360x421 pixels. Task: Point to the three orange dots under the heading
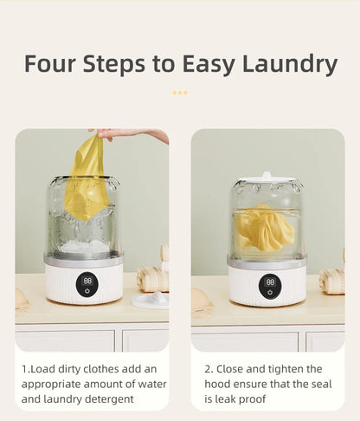tap(179, 92)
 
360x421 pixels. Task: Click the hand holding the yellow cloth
tap(130, 134)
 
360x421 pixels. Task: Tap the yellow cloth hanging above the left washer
tap(88, 178)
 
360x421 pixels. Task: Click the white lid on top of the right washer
tap(267, 180)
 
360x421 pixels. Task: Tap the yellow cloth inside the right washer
tap(263, 228)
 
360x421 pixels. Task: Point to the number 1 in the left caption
tap(24, 369)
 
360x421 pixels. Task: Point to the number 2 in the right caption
tap(208, 369)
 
